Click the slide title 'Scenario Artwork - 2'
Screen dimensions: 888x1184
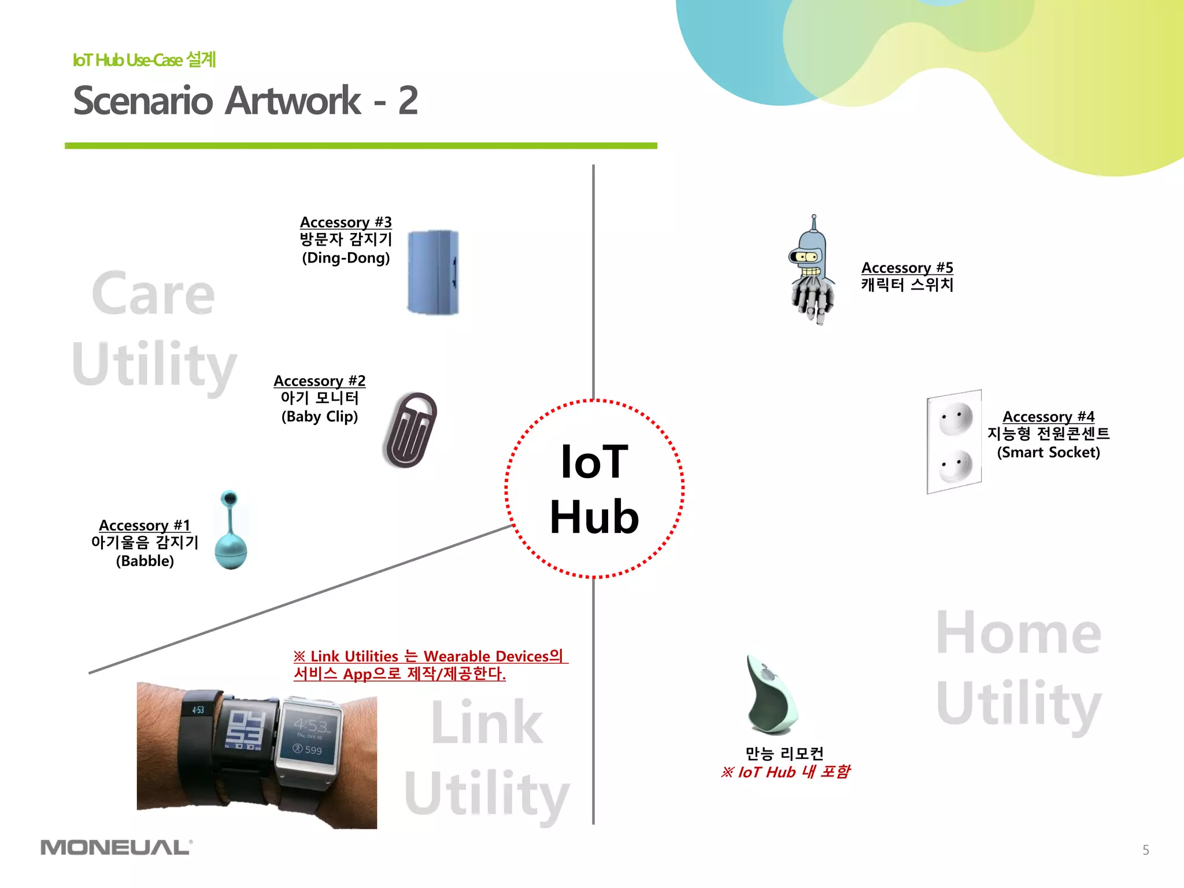[x=245, y=101]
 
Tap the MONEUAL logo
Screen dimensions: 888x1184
[x=116, y=848]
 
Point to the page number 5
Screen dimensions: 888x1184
[x=1145, y=850]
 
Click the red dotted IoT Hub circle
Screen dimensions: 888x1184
[x=594, y=489]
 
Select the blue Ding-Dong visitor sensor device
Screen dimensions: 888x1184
[x=433, y=272]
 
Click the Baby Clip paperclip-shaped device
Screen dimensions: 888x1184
[x=409, y=430]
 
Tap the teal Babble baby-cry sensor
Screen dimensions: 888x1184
[x=231, y=532]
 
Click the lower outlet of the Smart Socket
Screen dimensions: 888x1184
[x=955, y=465]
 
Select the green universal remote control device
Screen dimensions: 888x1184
[x=771, y=696]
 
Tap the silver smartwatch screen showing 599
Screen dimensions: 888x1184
[x=309, y=737]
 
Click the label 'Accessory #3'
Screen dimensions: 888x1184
[x=346, y=222]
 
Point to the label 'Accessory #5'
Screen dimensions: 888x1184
[x=906, y=268]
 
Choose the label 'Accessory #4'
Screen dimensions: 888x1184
[x=1048, y=416]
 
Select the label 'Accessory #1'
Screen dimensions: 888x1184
[x=145, y=525]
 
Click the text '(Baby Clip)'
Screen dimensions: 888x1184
[x=320, y=416]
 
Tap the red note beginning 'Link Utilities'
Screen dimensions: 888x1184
[x=431, y=665]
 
